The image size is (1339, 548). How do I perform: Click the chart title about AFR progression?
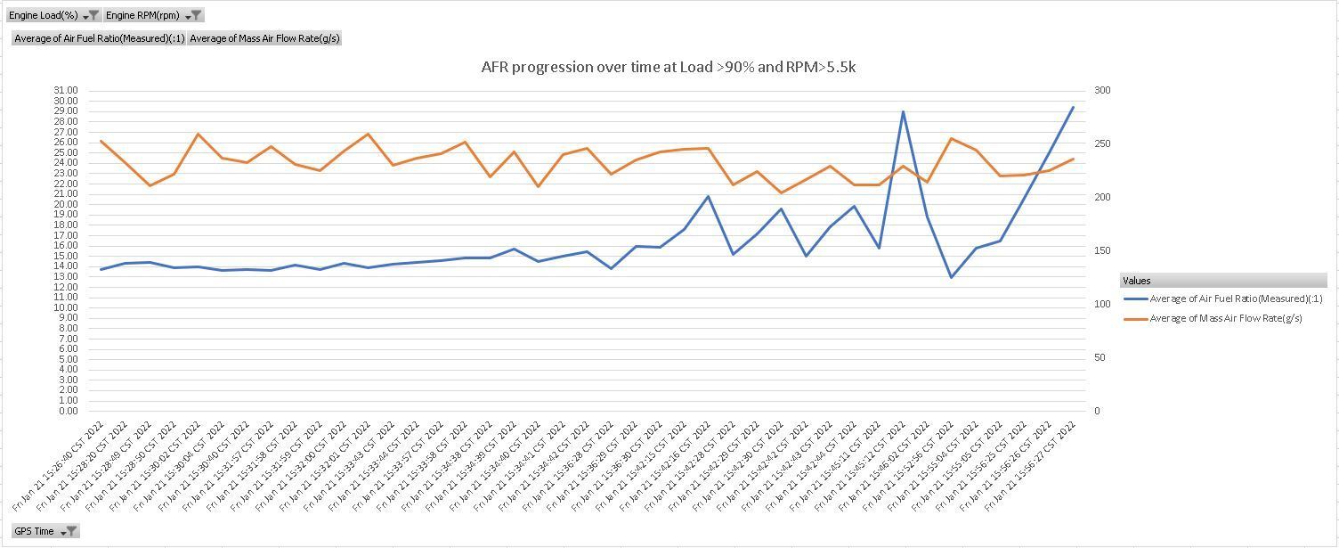pos(668,67)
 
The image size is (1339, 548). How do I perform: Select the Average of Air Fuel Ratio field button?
pos(99,38)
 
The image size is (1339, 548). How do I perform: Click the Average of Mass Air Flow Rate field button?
pos(264,38)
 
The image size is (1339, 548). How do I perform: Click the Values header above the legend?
pos(1136,281)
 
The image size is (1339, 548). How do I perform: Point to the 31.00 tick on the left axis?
pos(66,91)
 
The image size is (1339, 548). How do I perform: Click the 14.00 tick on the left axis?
pos(66,266)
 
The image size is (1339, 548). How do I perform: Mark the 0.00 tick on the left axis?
pos(69,411)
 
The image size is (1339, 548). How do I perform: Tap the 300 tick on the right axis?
pos(1103,91)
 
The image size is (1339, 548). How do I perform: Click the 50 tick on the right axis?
pos(1100,357)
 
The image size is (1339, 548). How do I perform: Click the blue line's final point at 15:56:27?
pos(1073,108)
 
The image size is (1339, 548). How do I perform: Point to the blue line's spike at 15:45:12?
pos(903,111)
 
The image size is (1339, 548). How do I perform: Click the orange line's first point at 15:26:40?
pos(101,141)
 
